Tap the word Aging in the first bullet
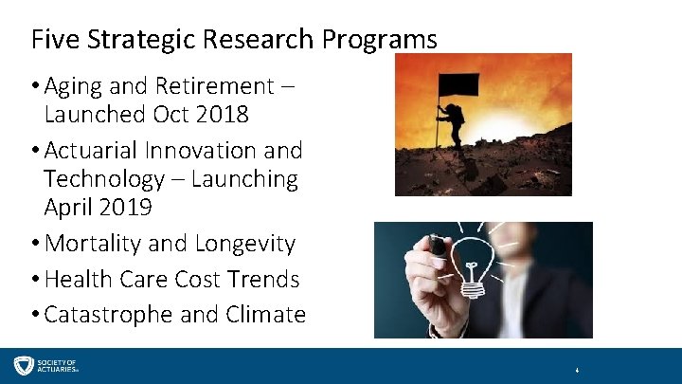(78, 86)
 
